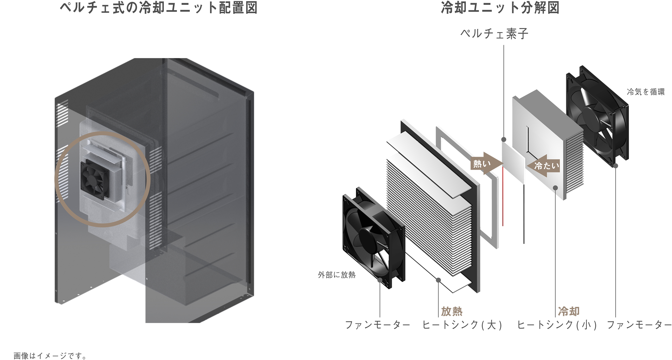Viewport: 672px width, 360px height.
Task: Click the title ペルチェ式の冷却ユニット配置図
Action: [x=159, y=8]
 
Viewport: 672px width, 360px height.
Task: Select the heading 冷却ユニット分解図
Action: [x=500, y=8]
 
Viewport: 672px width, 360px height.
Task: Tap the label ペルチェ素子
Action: [x=494, y=34]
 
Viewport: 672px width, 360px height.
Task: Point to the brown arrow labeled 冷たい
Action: [x=544, y=166]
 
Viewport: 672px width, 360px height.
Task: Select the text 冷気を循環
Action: [x=646, y=92]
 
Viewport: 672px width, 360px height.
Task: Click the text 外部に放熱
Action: [x=336, y=275]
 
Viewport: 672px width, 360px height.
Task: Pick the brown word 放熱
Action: [x=452, y=311]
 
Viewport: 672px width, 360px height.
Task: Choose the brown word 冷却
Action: [x=569, y=311]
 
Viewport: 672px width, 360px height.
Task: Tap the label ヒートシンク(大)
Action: [x=462, y=325]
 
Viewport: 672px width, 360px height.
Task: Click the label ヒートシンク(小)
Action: [x=557, y=325]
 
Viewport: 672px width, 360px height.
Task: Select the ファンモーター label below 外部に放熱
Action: [x=377, y=325]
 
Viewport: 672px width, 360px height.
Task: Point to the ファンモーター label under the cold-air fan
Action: [x=639, y=325]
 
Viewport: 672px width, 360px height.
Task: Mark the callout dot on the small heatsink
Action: [x=555, y=188]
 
